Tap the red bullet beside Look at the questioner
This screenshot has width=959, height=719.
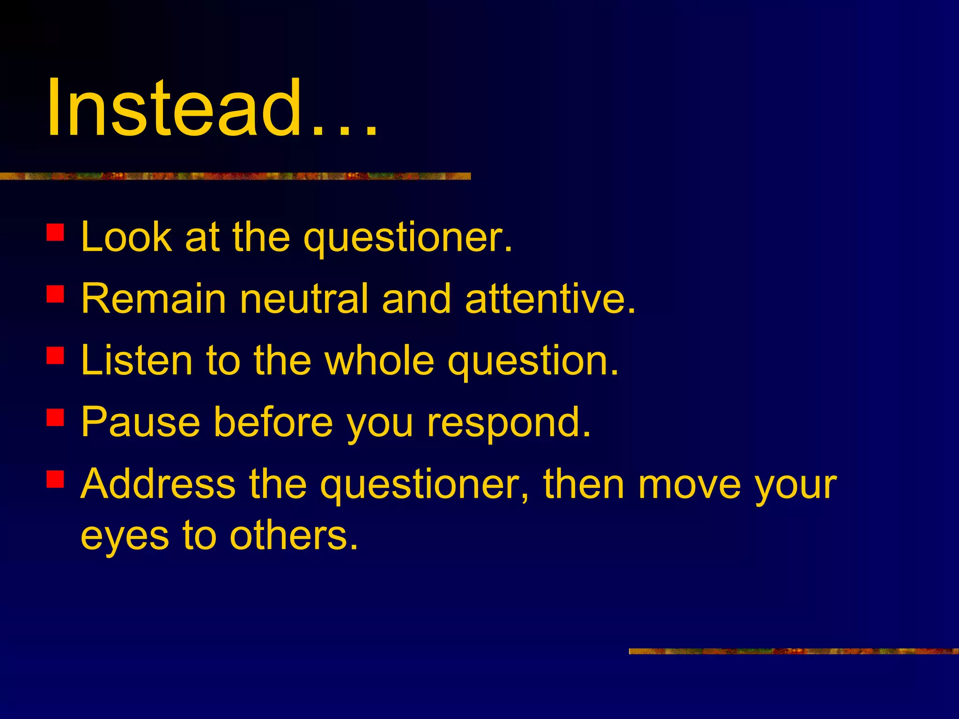pos(55,232)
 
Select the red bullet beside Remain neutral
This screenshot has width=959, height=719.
pos(55,294)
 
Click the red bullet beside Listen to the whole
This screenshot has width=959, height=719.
pos(55,355)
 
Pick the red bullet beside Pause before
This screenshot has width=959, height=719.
pos(55,417)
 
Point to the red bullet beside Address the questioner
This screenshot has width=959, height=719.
pos(55,479)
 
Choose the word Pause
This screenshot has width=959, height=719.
pos(141,422)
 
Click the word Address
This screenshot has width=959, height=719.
pos(158,484)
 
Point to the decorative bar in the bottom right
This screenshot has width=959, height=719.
pos(793,651)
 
